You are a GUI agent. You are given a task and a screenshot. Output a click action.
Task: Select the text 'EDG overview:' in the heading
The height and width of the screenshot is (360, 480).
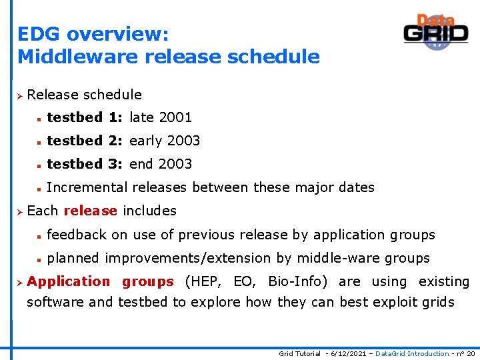[93, 34]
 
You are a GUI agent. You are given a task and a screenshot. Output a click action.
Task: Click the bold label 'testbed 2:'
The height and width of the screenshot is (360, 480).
[86, 141]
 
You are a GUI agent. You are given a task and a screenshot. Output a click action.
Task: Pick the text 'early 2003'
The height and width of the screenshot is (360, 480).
[165, 141]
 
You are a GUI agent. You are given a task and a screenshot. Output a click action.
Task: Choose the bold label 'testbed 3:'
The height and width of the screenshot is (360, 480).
[86, 164]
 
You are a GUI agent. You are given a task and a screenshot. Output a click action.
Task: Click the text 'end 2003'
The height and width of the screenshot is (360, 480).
[161, 164]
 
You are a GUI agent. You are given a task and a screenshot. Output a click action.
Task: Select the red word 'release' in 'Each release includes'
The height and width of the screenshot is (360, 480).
[90, 211]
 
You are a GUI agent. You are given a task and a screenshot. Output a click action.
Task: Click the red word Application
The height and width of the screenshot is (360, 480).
[69, 282]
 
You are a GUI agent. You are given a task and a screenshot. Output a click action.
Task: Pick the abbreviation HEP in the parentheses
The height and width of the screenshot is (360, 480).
[210, 282]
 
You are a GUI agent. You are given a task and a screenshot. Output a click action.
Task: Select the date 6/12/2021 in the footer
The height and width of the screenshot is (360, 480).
[346, 353]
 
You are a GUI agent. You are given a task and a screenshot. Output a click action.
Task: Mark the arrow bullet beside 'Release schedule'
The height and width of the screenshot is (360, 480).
[20, 95]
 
